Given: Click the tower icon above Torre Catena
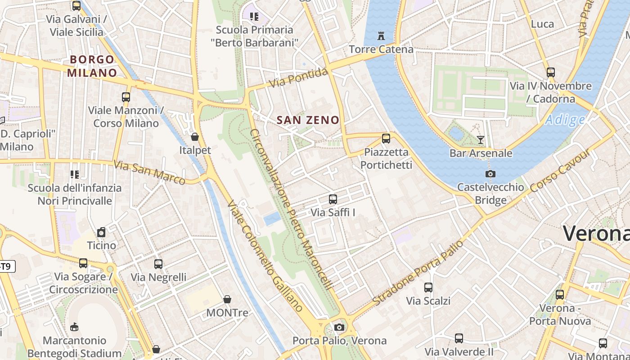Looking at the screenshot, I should [x=381, y=36].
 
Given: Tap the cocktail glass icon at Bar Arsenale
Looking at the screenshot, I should [x=481, y=140].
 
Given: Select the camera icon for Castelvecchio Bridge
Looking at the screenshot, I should [x=490, y=174].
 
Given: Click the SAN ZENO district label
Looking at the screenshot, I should [x=308, y=120].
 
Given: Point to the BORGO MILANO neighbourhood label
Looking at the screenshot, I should [x=92, y=66].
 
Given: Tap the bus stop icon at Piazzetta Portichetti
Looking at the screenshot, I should [x=386, y=139].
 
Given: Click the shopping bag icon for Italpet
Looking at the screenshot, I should [x=195, y=137].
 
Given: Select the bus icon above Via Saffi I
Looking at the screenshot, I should [x=333, y=199].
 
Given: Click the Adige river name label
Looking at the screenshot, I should [x=565, y=120].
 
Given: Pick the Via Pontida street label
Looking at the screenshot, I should [x=298, y=78].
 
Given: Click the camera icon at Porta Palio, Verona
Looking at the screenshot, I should [x=339, y=327].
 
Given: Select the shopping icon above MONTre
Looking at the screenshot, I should [x=227, y=299].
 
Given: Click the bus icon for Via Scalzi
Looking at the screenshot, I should [x=428, y=287].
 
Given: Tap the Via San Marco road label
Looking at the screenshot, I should [x=149, y=172].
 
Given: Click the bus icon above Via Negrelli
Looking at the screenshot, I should [x=158, y=264].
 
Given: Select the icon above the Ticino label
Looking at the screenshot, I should [x=101, y=232].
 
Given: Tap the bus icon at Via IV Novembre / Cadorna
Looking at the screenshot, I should [x=550, y=72].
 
